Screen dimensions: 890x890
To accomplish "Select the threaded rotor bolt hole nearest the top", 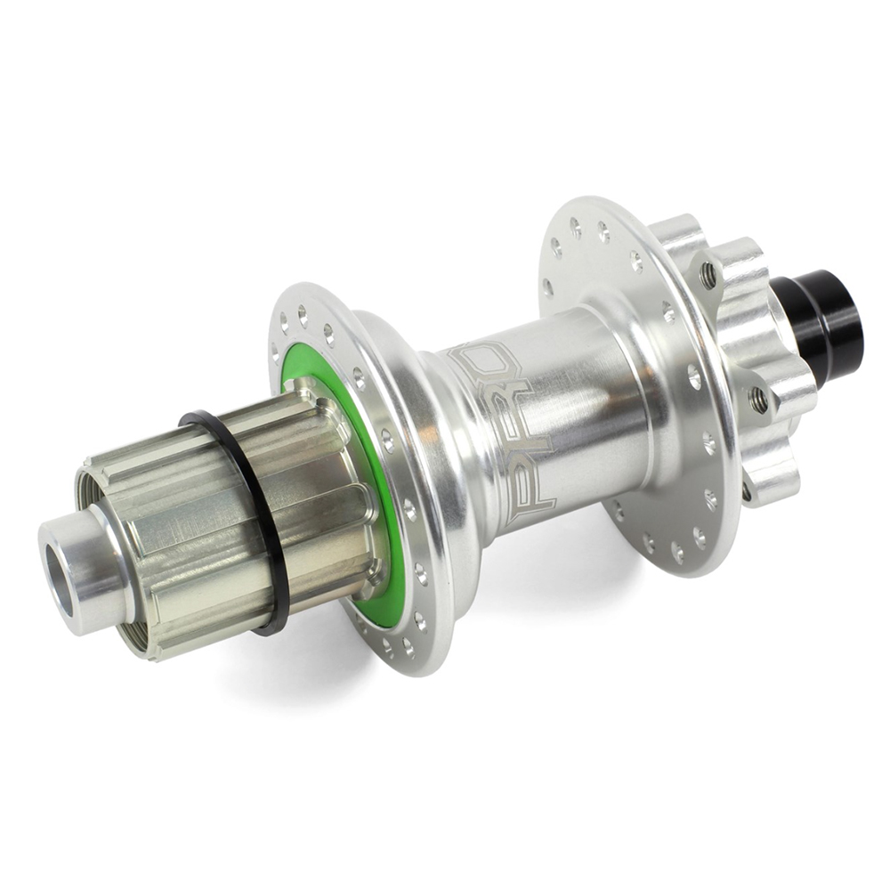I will coord(709,275).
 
